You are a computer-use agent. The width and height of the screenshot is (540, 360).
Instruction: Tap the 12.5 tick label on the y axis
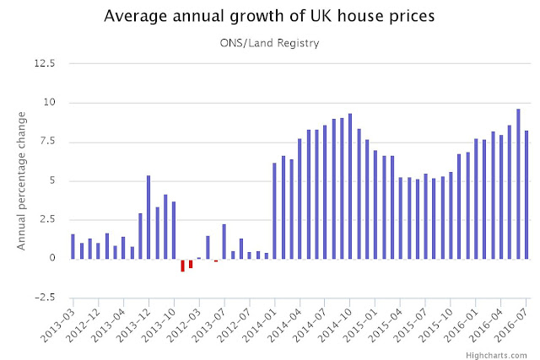coord(44,63)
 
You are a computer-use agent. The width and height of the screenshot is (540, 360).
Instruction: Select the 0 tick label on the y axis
coord(52,258)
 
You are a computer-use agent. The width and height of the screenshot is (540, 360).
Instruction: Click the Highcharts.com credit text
coord(502,353)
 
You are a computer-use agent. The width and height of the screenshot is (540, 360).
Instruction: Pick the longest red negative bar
coord(182,265)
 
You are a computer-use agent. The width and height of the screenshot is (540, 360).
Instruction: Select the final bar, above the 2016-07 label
coord(526,194)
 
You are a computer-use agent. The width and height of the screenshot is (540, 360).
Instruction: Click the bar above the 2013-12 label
coord(148,217)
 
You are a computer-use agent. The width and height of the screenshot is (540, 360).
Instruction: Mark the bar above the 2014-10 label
coord(350,185)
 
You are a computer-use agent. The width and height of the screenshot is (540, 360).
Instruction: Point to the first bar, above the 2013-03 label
coord(73,246)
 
